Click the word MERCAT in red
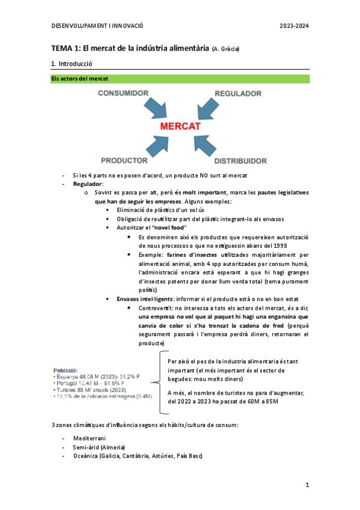[x=180, y=127]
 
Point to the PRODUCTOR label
[x=124, y=161]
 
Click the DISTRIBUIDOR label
[x=240, y=161]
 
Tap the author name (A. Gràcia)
[x=230, y=48]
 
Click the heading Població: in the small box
[x=66, y=371]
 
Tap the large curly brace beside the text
[x=162, y=382]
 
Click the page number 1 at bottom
[x=307, y=485]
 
